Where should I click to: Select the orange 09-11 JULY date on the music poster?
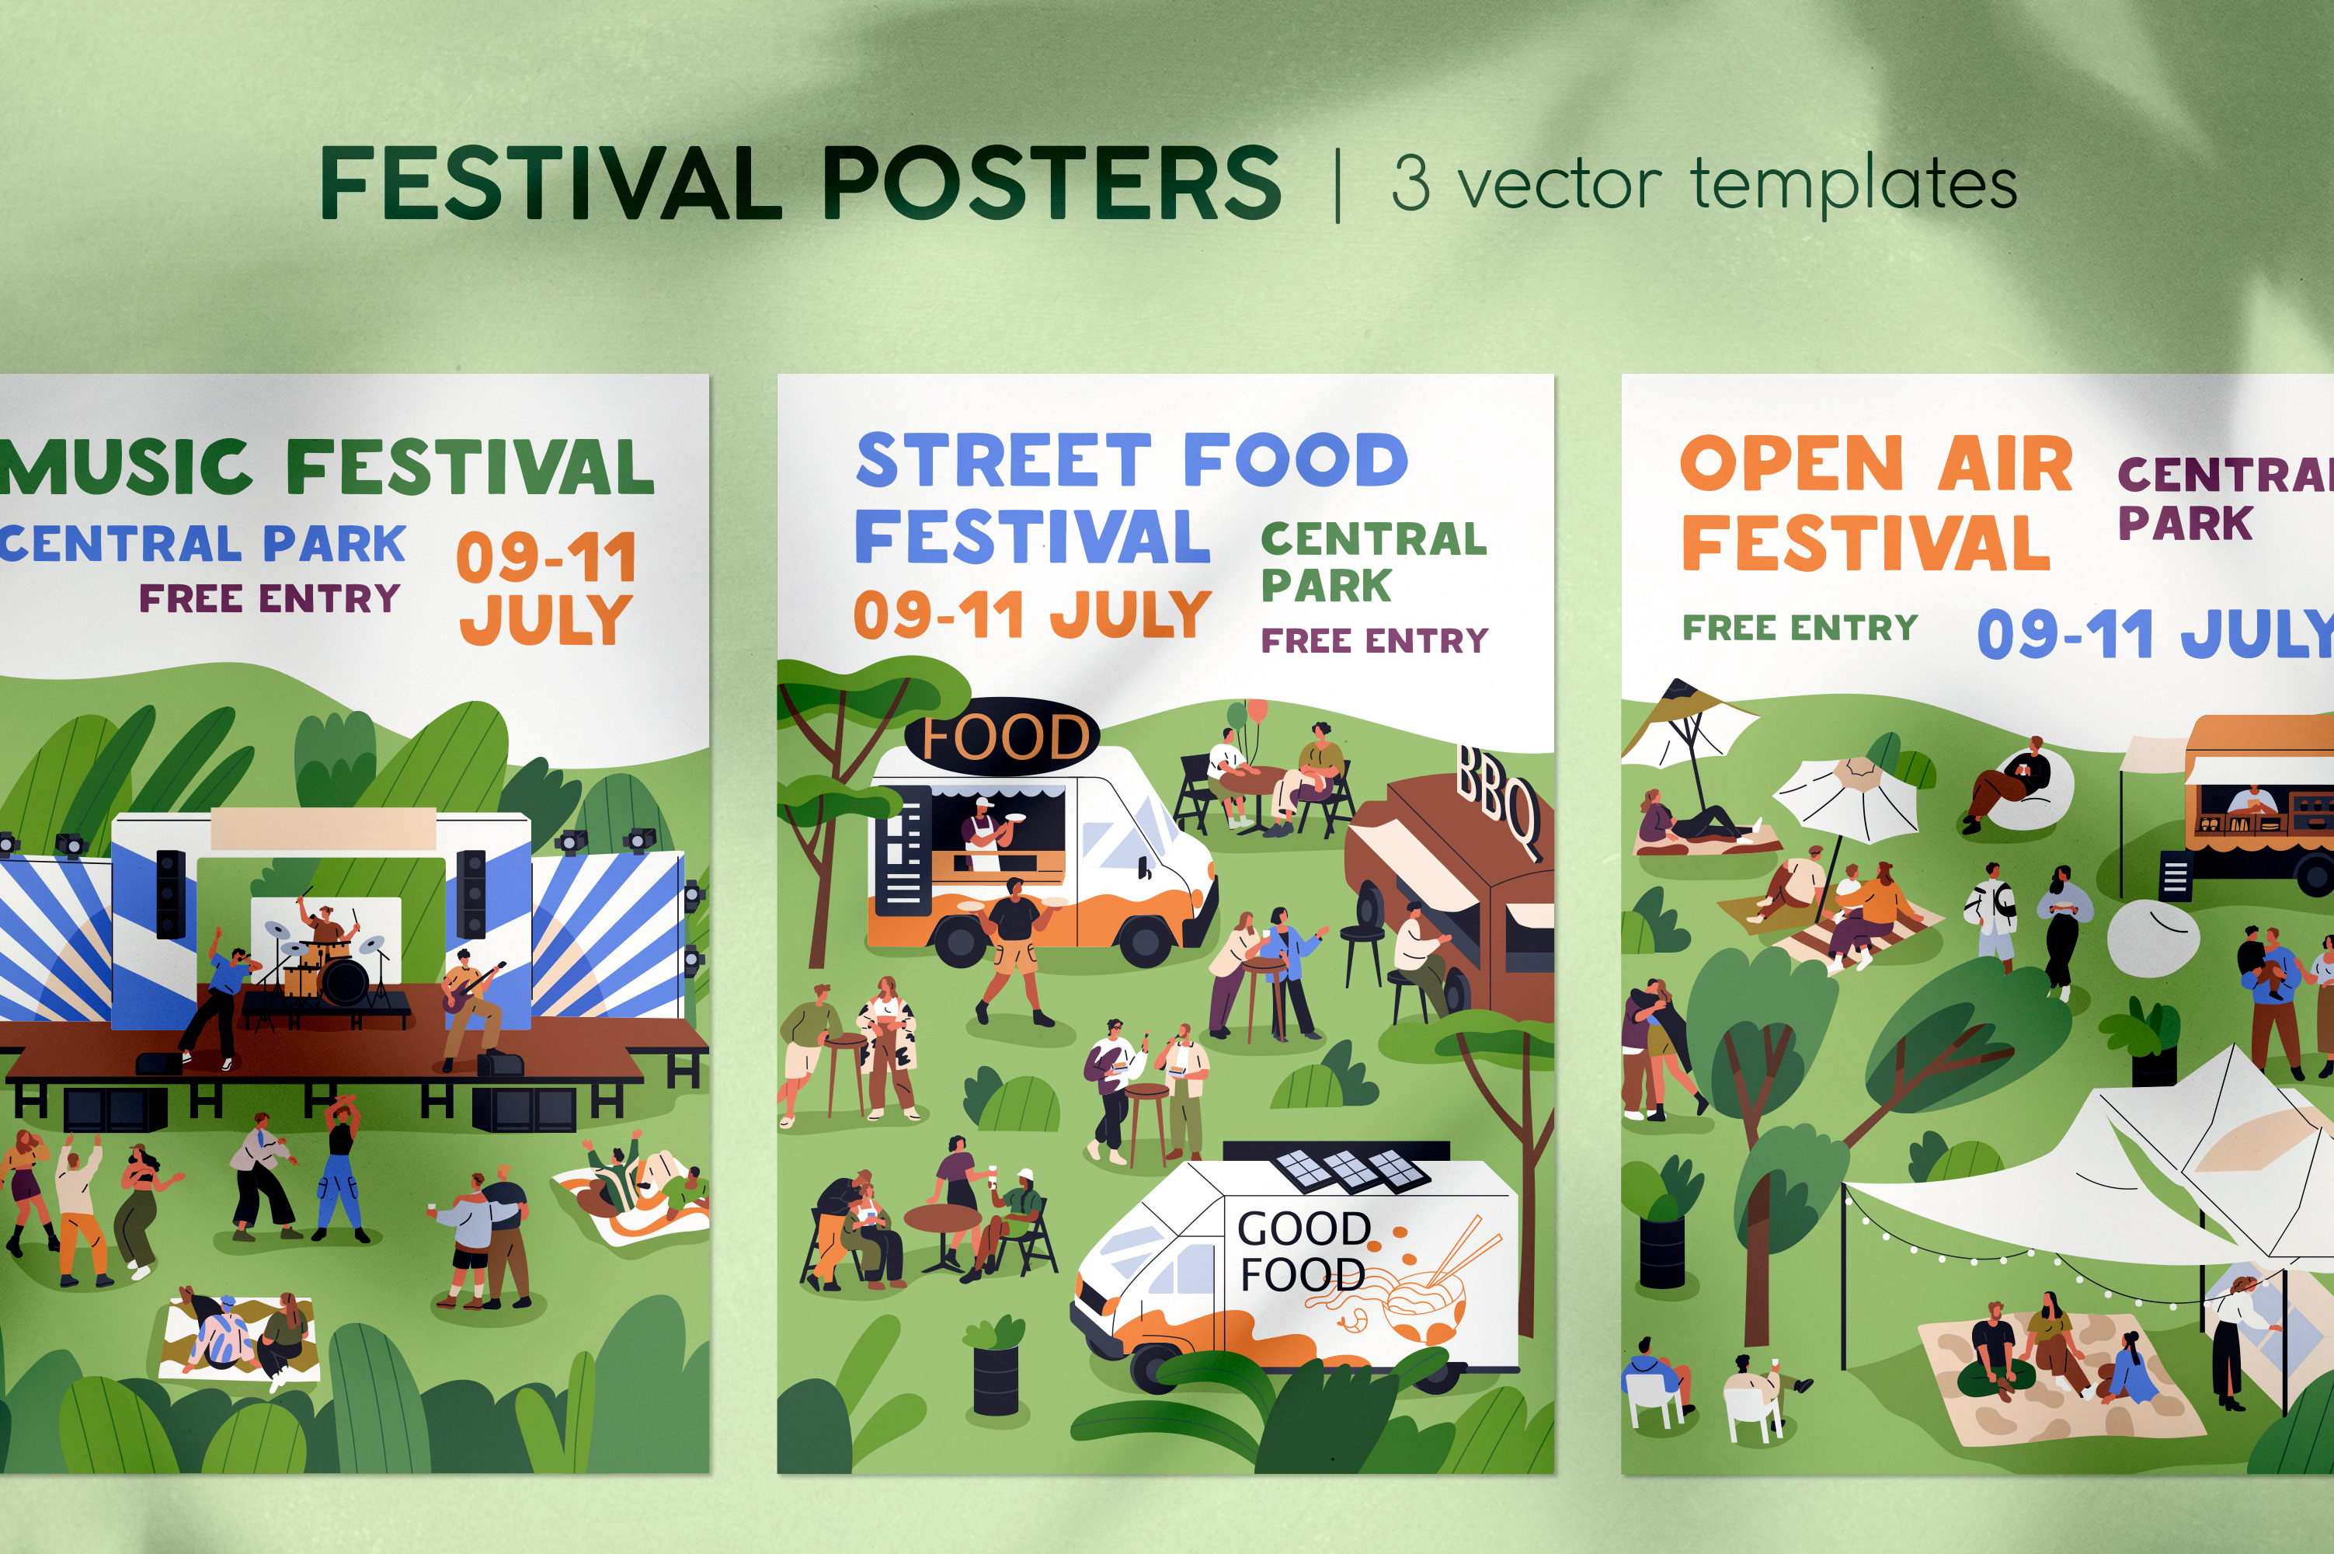546,587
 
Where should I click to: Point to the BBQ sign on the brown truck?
1497,803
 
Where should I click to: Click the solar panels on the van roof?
1350,1169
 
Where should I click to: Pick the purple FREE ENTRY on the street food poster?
1374,640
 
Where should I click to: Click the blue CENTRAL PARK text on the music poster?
203,543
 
